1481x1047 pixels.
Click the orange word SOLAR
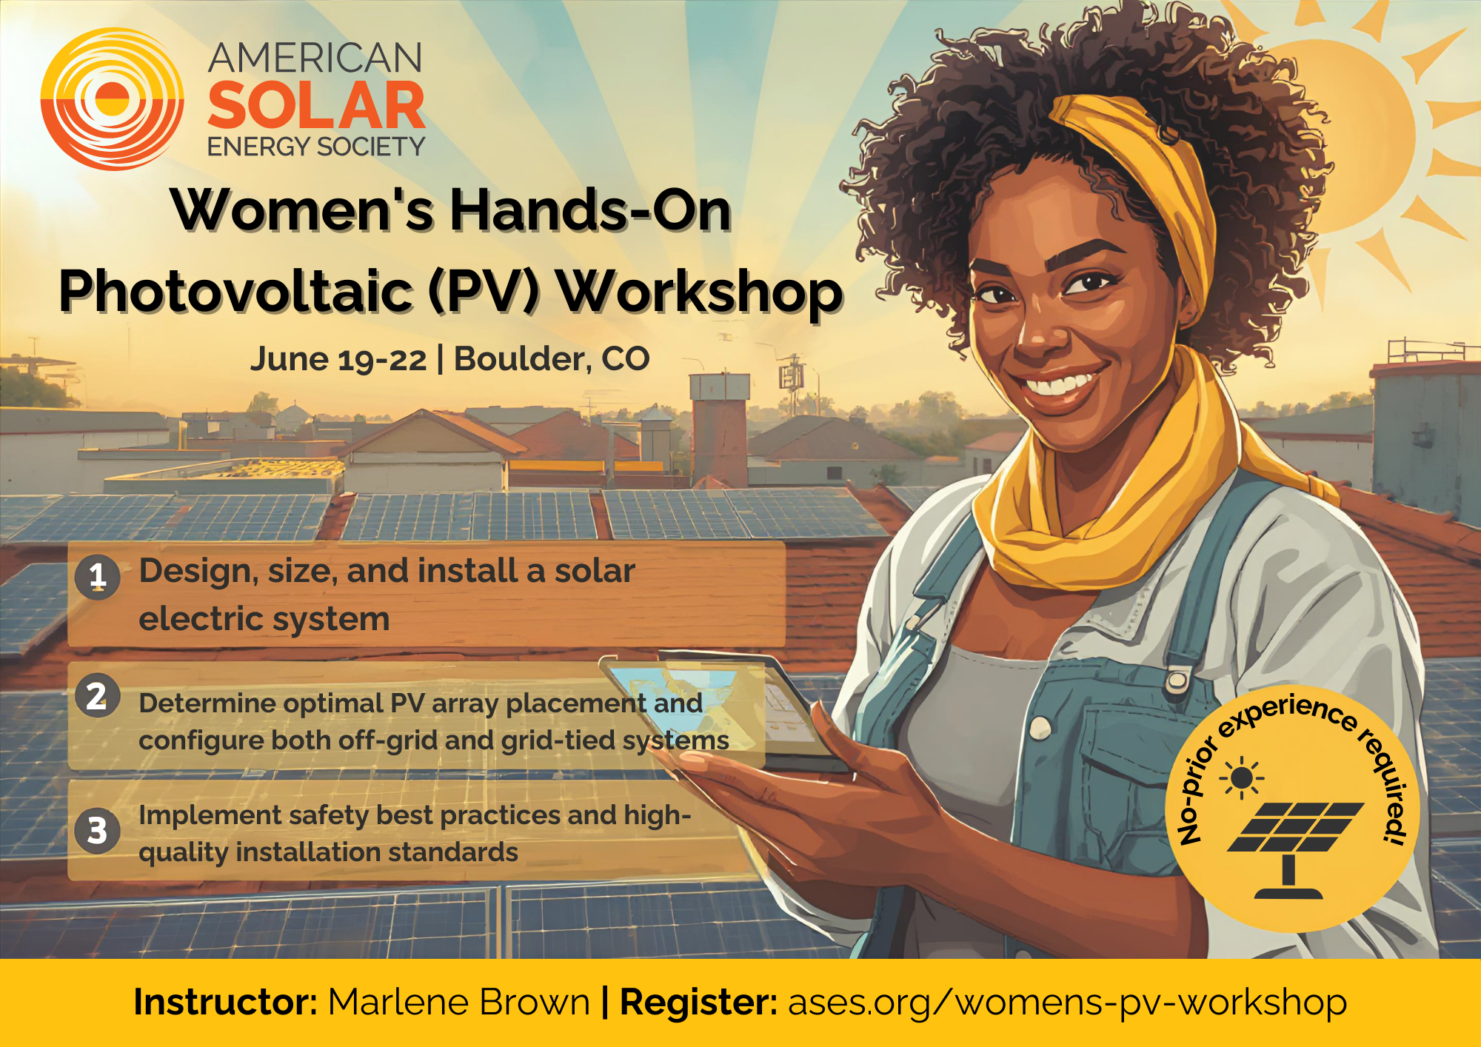(316, 105)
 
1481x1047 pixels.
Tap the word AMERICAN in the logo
(315, 58)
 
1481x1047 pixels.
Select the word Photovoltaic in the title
(235, 292)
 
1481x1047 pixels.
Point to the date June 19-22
(338, 360)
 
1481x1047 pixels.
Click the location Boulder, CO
(552, 359)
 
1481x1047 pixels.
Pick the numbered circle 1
(97, 576)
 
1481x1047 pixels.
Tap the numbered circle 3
(97, 831)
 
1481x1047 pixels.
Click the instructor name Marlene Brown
(459, 1003)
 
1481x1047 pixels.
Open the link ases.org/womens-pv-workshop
(1067, 1003)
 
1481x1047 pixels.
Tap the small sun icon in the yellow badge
(1242, 779)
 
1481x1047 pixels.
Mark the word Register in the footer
(698, 1003)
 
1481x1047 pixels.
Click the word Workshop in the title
(700, 292)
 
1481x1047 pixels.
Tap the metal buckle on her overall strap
(1177, 680)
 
